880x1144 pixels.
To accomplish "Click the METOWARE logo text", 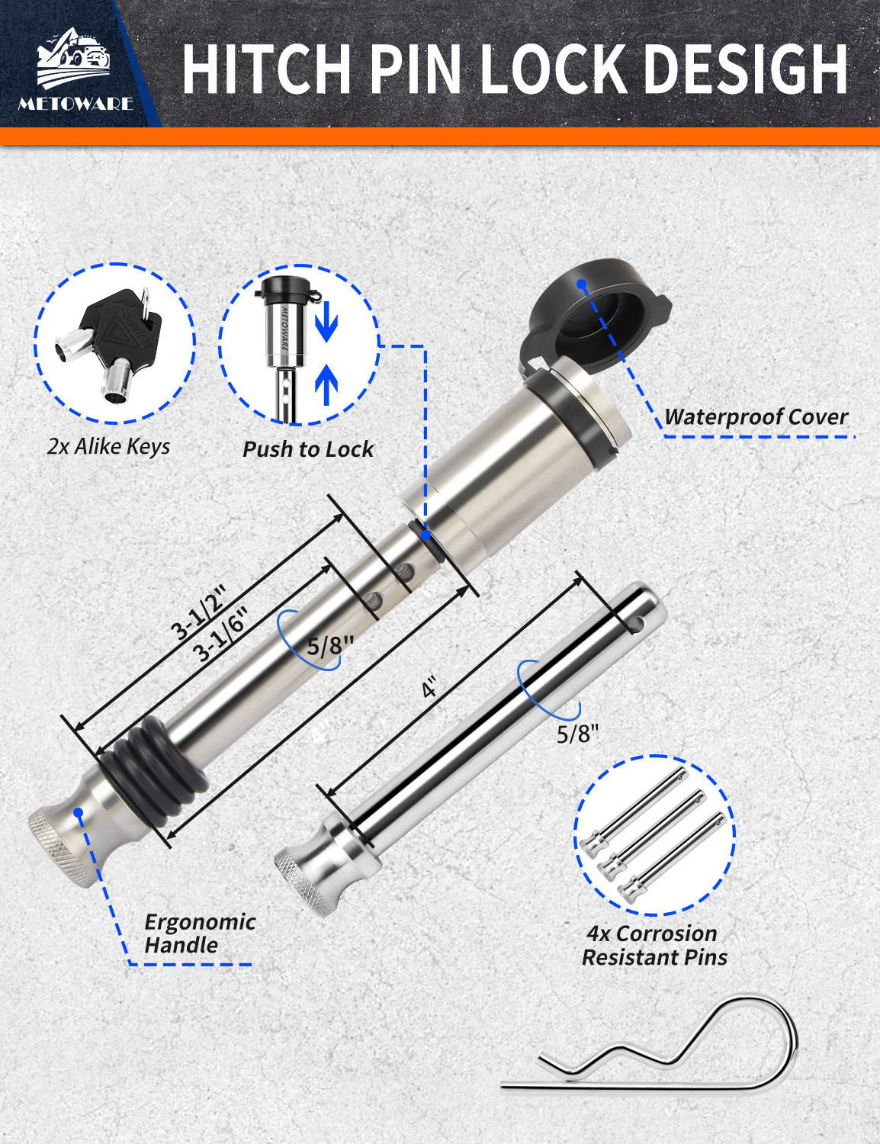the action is click(x=75, y=104).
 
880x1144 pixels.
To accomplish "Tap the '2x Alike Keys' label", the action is click(x=108, y=446).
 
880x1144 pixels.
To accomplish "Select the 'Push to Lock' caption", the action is click(x=308, y=449).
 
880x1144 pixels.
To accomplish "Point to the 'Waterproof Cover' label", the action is click(x=756, y=417).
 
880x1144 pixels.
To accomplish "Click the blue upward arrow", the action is click(x=326, y=384).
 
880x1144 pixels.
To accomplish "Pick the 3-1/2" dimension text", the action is click(x=199, y=611).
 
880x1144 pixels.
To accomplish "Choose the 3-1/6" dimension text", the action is click(x=220, y=633).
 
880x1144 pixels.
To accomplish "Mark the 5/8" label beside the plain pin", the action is click(x=578, y=734).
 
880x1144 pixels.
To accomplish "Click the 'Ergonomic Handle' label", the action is click(x=200, y=934).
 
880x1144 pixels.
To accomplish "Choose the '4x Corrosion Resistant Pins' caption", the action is click(x=654, y=945).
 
